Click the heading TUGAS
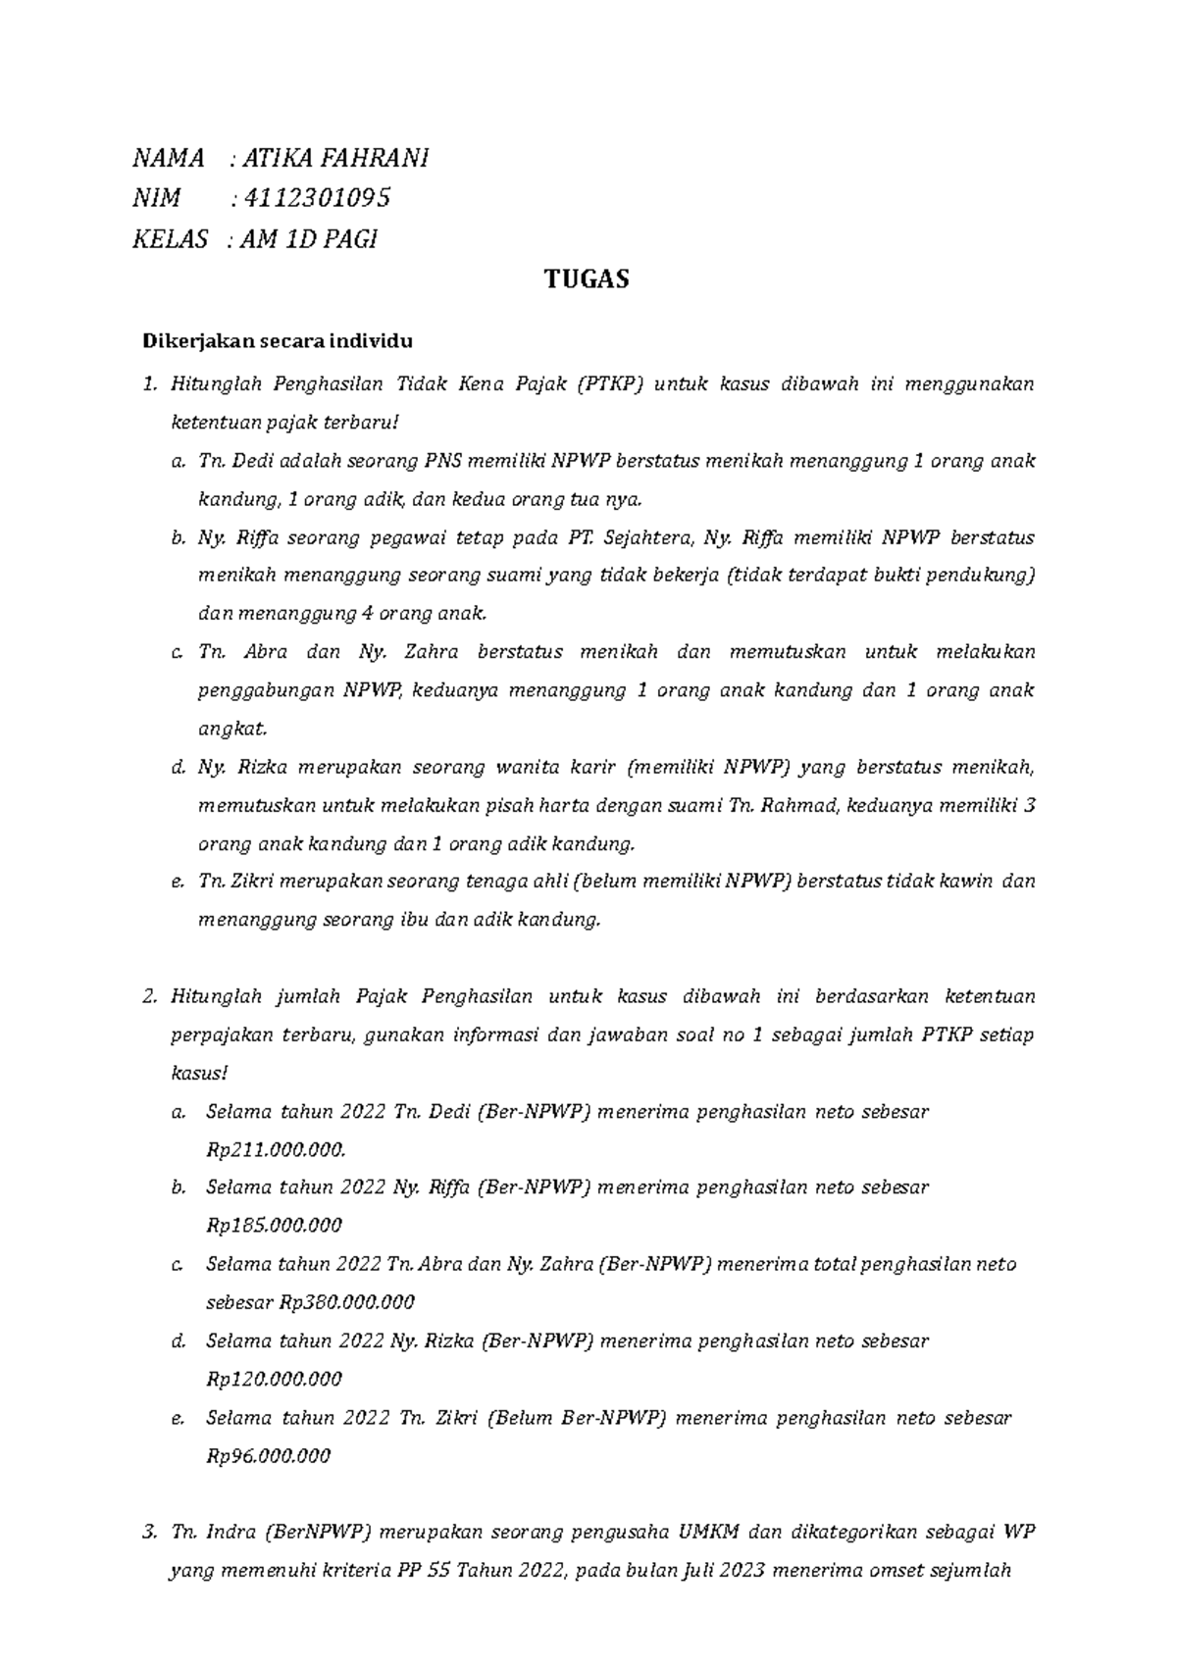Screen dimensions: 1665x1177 click(587, 280)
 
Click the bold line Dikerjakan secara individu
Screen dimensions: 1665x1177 click(279, 342)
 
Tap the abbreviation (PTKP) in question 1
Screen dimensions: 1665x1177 click(609, 383)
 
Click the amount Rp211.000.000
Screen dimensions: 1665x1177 click(276, 1150)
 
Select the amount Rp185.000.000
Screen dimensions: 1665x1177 click(274, 1226)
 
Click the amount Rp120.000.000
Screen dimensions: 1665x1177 click(274, 1380)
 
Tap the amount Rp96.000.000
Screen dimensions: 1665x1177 click(268, 1456)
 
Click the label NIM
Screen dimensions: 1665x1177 click(157, 198)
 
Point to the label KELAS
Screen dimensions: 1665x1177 click(171, 239)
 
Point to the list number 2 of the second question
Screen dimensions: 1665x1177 click(149, 997)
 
